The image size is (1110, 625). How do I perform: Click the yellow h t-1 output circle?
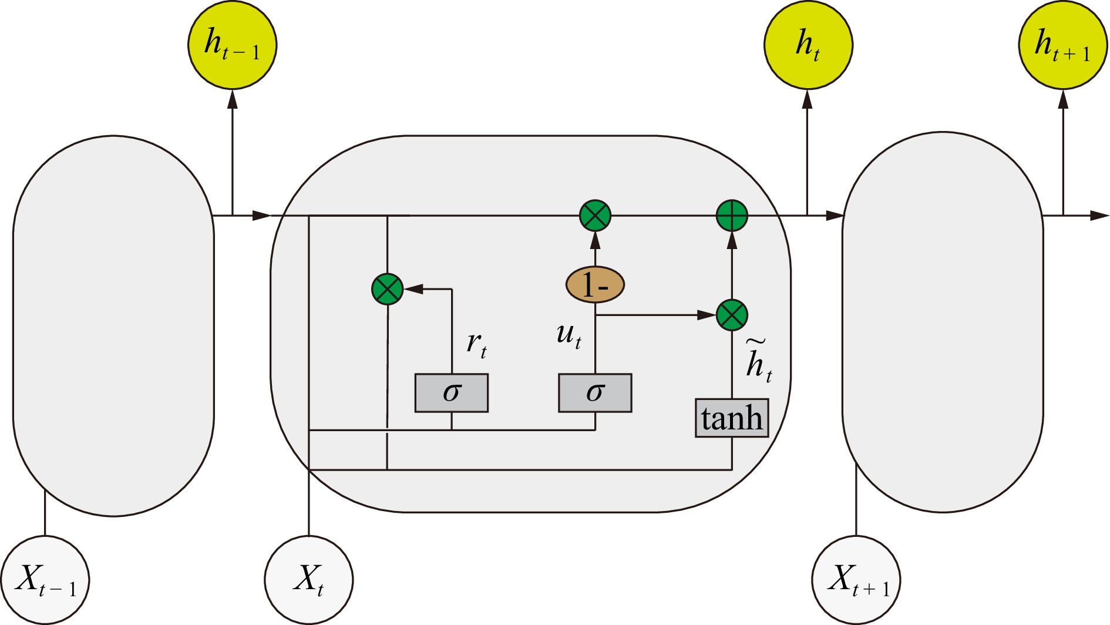pos(233,45)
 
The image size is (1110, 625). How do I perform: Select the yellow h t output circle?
pos(808,45)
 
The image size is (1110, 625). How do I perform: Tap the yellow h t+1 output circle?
pos(1062,45)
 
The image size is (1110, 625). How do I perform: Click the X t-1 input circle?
pos(45,580)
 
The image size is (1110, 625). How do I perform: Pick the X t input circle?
pos(309,580)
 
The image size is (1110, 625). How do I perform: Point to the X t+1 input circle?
pos(856,580)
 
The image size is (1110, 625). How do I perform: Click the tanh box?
pos(732,418)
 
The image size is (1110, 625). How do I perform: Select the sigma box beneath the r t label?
pos(452,392)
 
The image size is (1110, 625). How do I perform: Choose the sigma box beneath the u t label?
pos(595,392)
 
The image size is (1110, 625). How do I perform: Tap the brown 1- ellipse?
pos(595,285)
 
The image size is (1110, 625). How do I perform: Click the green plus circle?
pos(732,216)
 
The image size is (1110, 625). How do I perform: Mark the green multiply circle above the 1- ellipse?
pos(595,216)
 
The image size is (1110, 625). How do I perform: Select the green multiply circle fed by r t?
pos(388,289)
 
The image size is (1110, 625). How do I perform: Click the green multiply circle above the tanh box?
pos(732,315)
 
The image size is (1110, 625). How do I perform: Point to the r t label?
pos(476,345)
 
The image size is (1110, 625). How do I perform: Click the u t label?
pos(569,336)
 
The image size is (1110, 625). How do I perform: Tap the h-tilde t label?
pos(758,361)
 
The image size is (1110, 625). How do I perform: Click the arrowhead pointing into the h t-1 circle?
pos(233,100)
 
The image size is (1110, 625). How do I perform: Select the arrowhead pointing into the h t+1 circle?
pos(1062,100)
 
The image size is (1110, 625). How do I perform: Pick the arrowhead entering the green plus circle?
pos(732,240)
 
